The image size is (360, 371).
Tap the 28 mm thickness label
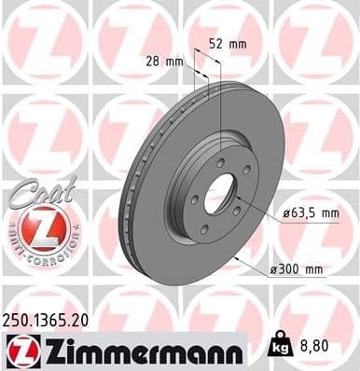coord(164,62)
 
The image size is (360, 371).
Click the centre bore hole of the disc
coord(221,195)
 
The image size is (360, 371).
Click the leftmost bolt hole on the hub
coord(191,198)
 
